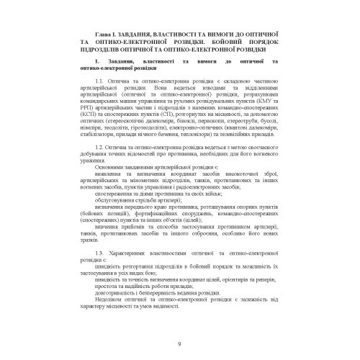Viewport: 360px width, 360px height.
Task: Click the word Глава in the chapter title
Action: [105, 34]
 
